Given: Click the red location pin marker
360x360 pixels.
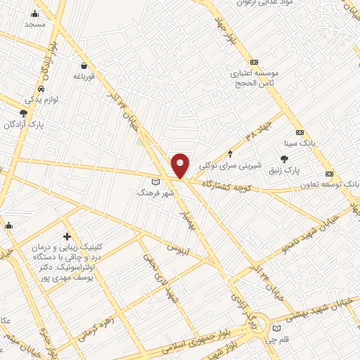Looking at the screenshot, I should tap(181, 165).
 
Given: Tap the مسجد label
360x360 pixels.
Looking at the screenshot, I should tap(34, 24).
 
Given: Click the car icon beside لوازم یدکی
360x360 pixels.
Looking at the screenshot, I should tap(42, 89).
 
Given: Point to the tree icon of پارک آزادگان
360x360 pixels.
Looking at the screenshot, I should tap(24, 112).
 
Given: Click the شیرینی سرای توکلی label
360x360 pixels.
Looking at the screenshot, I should tap(230, 167).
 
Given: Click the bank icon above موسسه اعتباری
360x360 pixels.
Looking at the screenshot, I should tap(255, 61).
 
